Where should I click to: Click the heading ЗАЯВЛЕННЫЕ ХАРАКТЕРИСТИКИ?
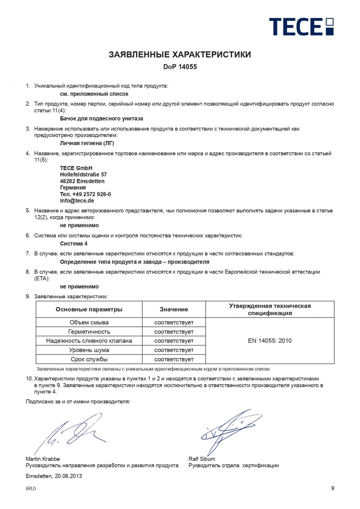[x=180, y=55]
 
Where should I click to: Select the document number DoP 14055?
[x=180, y=67]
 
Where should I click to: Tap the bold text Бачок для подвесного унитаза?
[x=101, y=119]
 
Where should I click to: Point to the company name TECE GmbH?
[x=76, y=168]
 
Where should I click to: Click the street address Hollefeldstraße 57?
[x=83, y=175]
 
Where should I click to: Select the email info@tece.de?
[x=77, y=201]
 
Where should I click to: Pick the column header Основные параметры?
[x=89, y=309]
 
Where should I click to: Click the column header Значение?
[x=174, y=309]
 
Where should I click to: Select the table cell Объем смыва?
[x=89, y=322]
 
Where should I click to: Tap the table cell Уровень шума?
[x=89, y=350]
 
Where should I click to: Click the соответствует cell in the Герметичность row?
[x=174, y=332]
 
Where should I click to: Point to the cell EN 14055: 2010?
[x=270, y=341]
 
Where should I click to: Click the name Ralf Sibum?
[x=202, y=459]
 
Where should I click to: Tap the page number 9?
[x=333, y=488]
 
